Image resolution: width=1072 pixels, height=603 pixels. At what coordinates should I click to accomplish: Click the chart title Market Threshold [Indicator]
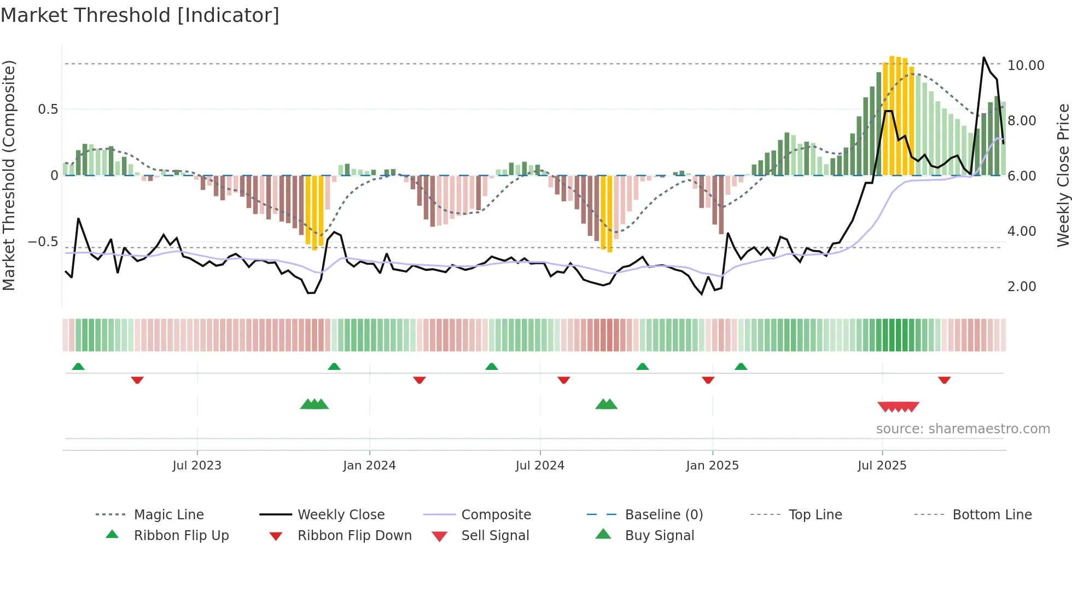coord(140,15)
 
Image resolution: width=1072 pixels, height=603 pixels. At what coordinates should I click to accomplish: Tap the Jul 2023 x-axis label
coord(197,466)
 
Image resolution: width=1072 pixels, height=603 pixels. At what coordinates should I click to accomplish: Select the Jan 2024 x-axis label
coord(369,466)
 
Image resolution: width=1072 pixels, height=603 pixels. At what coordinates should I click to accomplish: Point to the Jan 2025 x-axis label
coord(712,466)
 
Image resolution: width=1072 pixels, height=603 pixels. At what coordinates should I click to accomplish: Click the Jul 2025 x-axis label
coord(882,466)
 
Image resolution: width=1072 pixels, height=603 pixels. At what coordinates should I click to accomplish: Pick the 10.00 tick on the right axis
coord(1026,66)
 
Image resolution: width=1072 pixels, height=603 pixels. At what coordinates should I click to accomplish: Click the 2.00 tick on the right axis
coord(1022,287)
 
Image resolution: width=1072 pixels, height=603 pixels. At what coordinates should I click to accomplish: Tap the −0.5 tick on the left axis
coord(43,242)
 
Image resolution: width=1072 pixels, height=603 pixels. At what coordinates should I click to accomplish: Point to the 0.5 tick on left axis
coord(48,109)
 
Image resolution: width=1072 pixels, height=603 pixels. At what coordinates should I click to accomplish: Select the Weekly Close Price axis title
coord(1063,175)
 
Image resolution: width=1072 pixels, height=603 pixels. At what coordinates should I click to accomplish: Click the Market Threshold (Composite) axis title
coord(9,175)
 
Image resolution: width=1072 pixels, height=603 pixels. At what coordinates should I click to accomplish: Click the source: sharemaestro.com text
coord(963,429)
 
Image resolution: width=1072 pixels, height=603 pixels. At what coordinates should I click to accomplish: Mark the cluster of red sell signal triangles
coord(898,407)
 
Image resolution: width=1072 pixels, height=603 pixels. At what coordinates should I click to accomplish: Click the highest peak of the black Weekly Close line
coord(984,57)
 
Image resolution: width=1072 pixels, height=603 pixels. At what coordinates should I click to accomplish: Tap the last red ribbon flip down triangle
coord(944,380)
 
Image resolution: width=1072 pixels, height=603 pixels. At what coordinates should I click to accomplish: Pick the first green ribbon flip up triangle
coord(78,367)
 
